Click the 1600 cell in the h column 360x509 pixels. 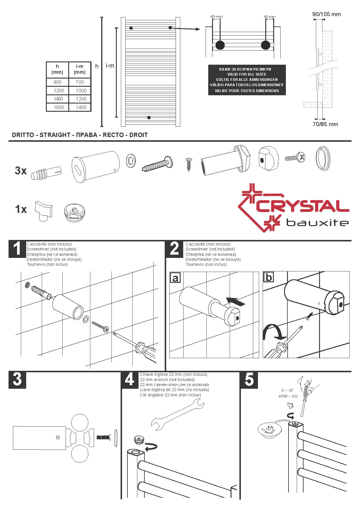59,107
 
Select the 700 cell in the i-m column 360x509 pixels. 80,82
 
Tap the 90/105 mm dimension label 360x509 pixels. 326,14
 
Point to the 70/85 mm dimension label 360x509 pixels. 325,124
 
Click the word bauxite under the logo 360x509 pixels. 318,223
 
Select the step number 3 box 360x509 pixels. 17,380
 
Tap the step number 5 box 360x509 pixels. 249,380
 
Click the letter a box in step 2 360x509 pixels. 175,278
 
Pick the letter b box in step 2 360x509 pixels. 269,277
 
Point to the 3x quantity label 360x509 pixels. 21,171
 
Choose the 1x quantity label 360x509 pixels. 21,209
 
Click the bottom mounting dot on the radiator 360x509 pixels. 149,118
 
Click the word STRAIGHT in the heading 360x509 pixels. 55,135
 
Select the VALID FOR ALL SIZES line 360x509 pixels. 246,74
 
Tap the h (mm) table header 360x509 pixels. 57,69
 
